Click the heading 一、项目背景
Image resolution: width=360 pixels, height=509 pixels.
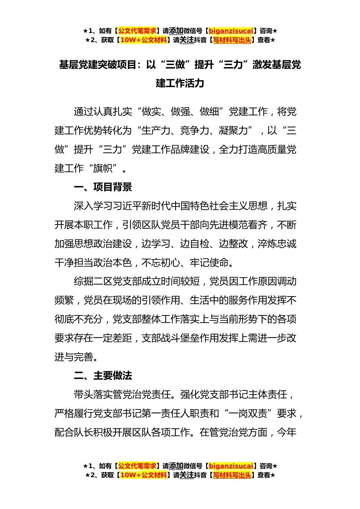pyautogui.click(x=103, y=187)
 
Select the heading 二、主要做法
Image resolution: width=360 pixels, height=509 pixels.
pyautogui.click(x=103, y=376)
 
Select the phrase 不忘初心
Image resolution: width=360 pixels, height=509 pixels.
pyautogui.click(x=161, y=262)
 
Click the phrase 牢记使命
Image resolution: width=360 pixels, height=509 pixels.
pyautogui.click(x=209, y=262)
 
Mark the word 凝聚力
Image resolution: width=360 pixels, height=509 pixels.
pyautogui.click(x=233, y=131)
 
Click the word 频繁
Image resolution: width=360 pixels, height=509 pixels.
pyautogui.click(x=64, y=300)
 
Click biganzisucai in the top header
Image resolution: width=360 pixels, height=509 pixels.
pyautogui.click(x=231, y=31)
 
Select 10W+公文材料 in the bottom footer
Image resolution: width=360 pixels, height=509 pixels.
pyautogui.click(x=143, y=475)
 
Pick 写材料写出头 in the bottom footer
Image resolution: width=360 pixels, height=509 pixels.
pyautogui.click(x=232, y=475)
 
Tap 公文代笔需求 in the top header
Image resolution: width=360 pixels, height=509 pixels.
pyautogui.click(x=137, y=31)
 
